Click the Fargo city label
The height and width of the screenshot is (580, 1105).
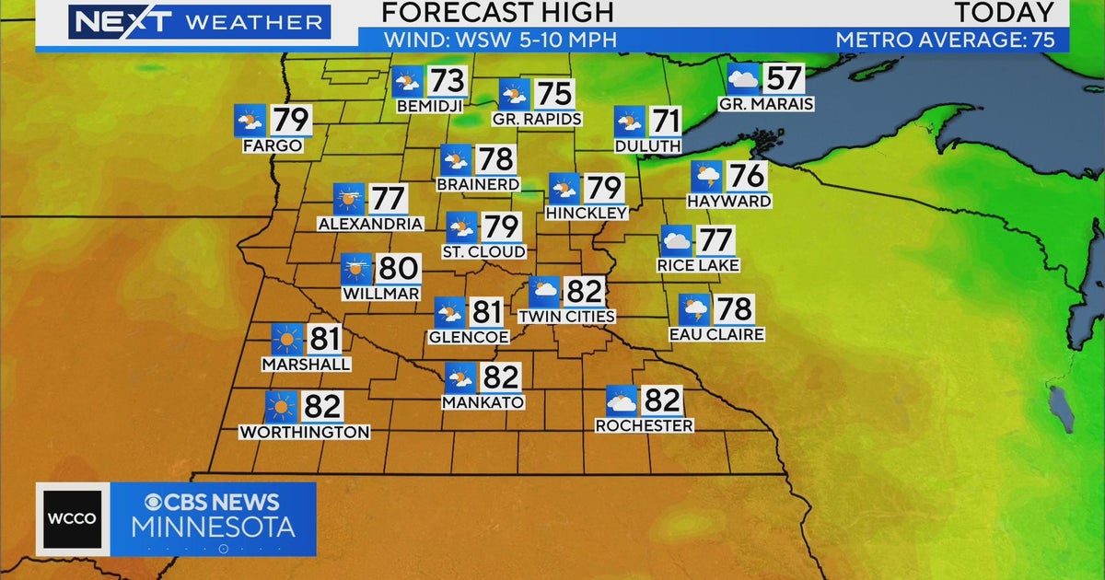pyautogui.click(x=273, y=145)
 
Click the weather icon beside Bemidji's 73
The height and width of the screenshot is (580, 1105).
pyautogui.click(x=406, y=82)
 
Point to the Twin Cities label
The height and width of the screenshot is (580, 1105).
pyautogui.click(x=566, y=316)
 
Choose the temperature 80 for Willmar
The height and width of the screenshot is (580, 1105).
pyautogui.click(x=399, y=269)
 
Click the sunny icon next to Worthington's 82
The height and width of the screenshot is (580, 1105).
pyautogui.click(x=280, y=407)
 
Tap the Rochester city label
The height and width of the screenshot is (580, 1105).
pyautogui.click(x=644, y=425)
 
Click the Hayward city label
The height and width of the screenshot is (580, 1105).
pyautogui.click(x=728, y=201)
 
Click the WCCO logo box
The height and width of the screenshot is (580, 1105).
pyautogui.click(x=73, y=518)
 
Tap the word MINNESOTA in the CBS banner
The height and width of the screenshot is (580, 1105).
pyautogui.click(x=213, y=528)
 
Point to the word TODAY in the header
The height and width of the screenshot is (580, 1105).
pyautogui.click(x=1004, y=13)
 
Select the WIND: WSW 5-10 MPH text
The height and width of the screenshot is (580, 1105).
pyautogui.click(x=500, y=40)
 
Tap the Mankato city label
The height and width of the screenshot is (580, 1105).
pyautogui.click(x=483, y=402)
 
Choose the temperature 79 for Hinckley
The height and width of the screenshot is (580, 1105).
pyautogui.click(x=604, y=189)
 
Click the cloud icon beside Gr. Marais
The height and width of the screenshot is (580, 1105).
pyautogui.click(x=743, y=78)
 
